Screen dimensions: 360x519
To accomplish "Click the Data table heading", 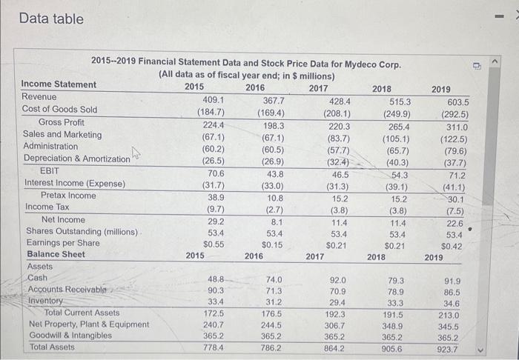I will (52, 19).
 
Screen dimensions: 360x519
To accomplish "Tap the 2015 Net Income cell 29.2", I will (214, 220).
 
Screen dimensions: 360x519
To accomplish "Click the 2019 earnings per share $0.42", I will (452, 244).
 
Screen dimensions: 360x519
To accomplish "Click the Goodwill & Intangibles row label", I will (70, 335).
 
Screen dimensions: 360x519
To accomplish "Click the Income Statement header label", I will (59, 84).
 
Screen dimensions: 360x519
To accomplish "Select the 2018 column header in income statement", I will (382, 88).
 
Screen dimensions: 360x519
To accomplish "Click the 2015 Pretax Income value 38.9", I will (214, 196).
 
